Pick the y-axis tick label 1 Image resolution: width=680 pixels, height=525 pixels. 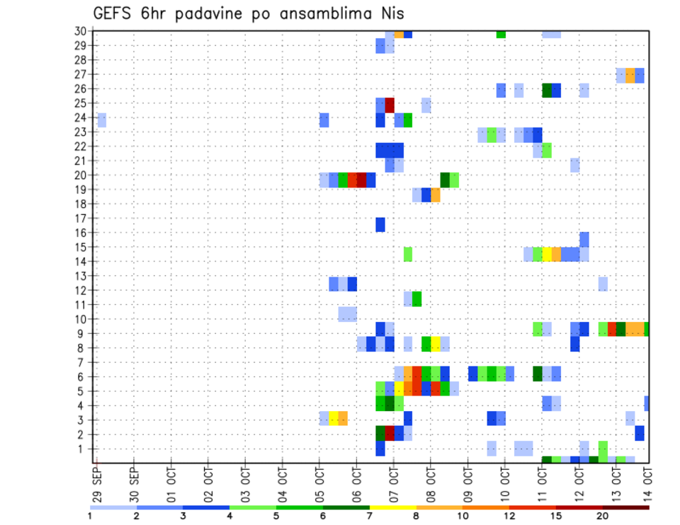pyautogui.click(x=84, y=449)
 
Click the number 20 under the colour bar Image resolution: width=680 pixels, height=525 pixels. pyautogui.click(x=603, y=516)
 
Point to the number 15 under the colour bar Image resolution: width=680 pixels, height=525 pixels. pyautogui.click(x=557, y=516)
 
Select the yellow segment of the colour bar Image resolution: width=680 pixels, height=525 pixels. pyautogui.click(x=393, y=507)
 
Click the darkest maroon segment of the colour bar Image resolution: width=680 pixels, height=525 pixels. pyautogui.click(x=626, y=507)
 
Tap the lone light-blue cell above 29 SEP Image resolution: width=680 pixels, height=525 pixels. pyautogui.click(x=102, y=120)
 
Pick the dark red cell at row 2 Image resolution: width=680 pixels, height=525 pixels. pyautogui.click(x=390, y=433)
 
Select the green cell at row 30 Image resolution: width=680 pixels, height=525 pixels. pyautogui.click(x=501, y=33)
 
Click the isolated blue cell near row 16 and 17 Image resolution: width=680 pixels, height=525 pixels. pyautogui.click(x=380, y=224)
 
